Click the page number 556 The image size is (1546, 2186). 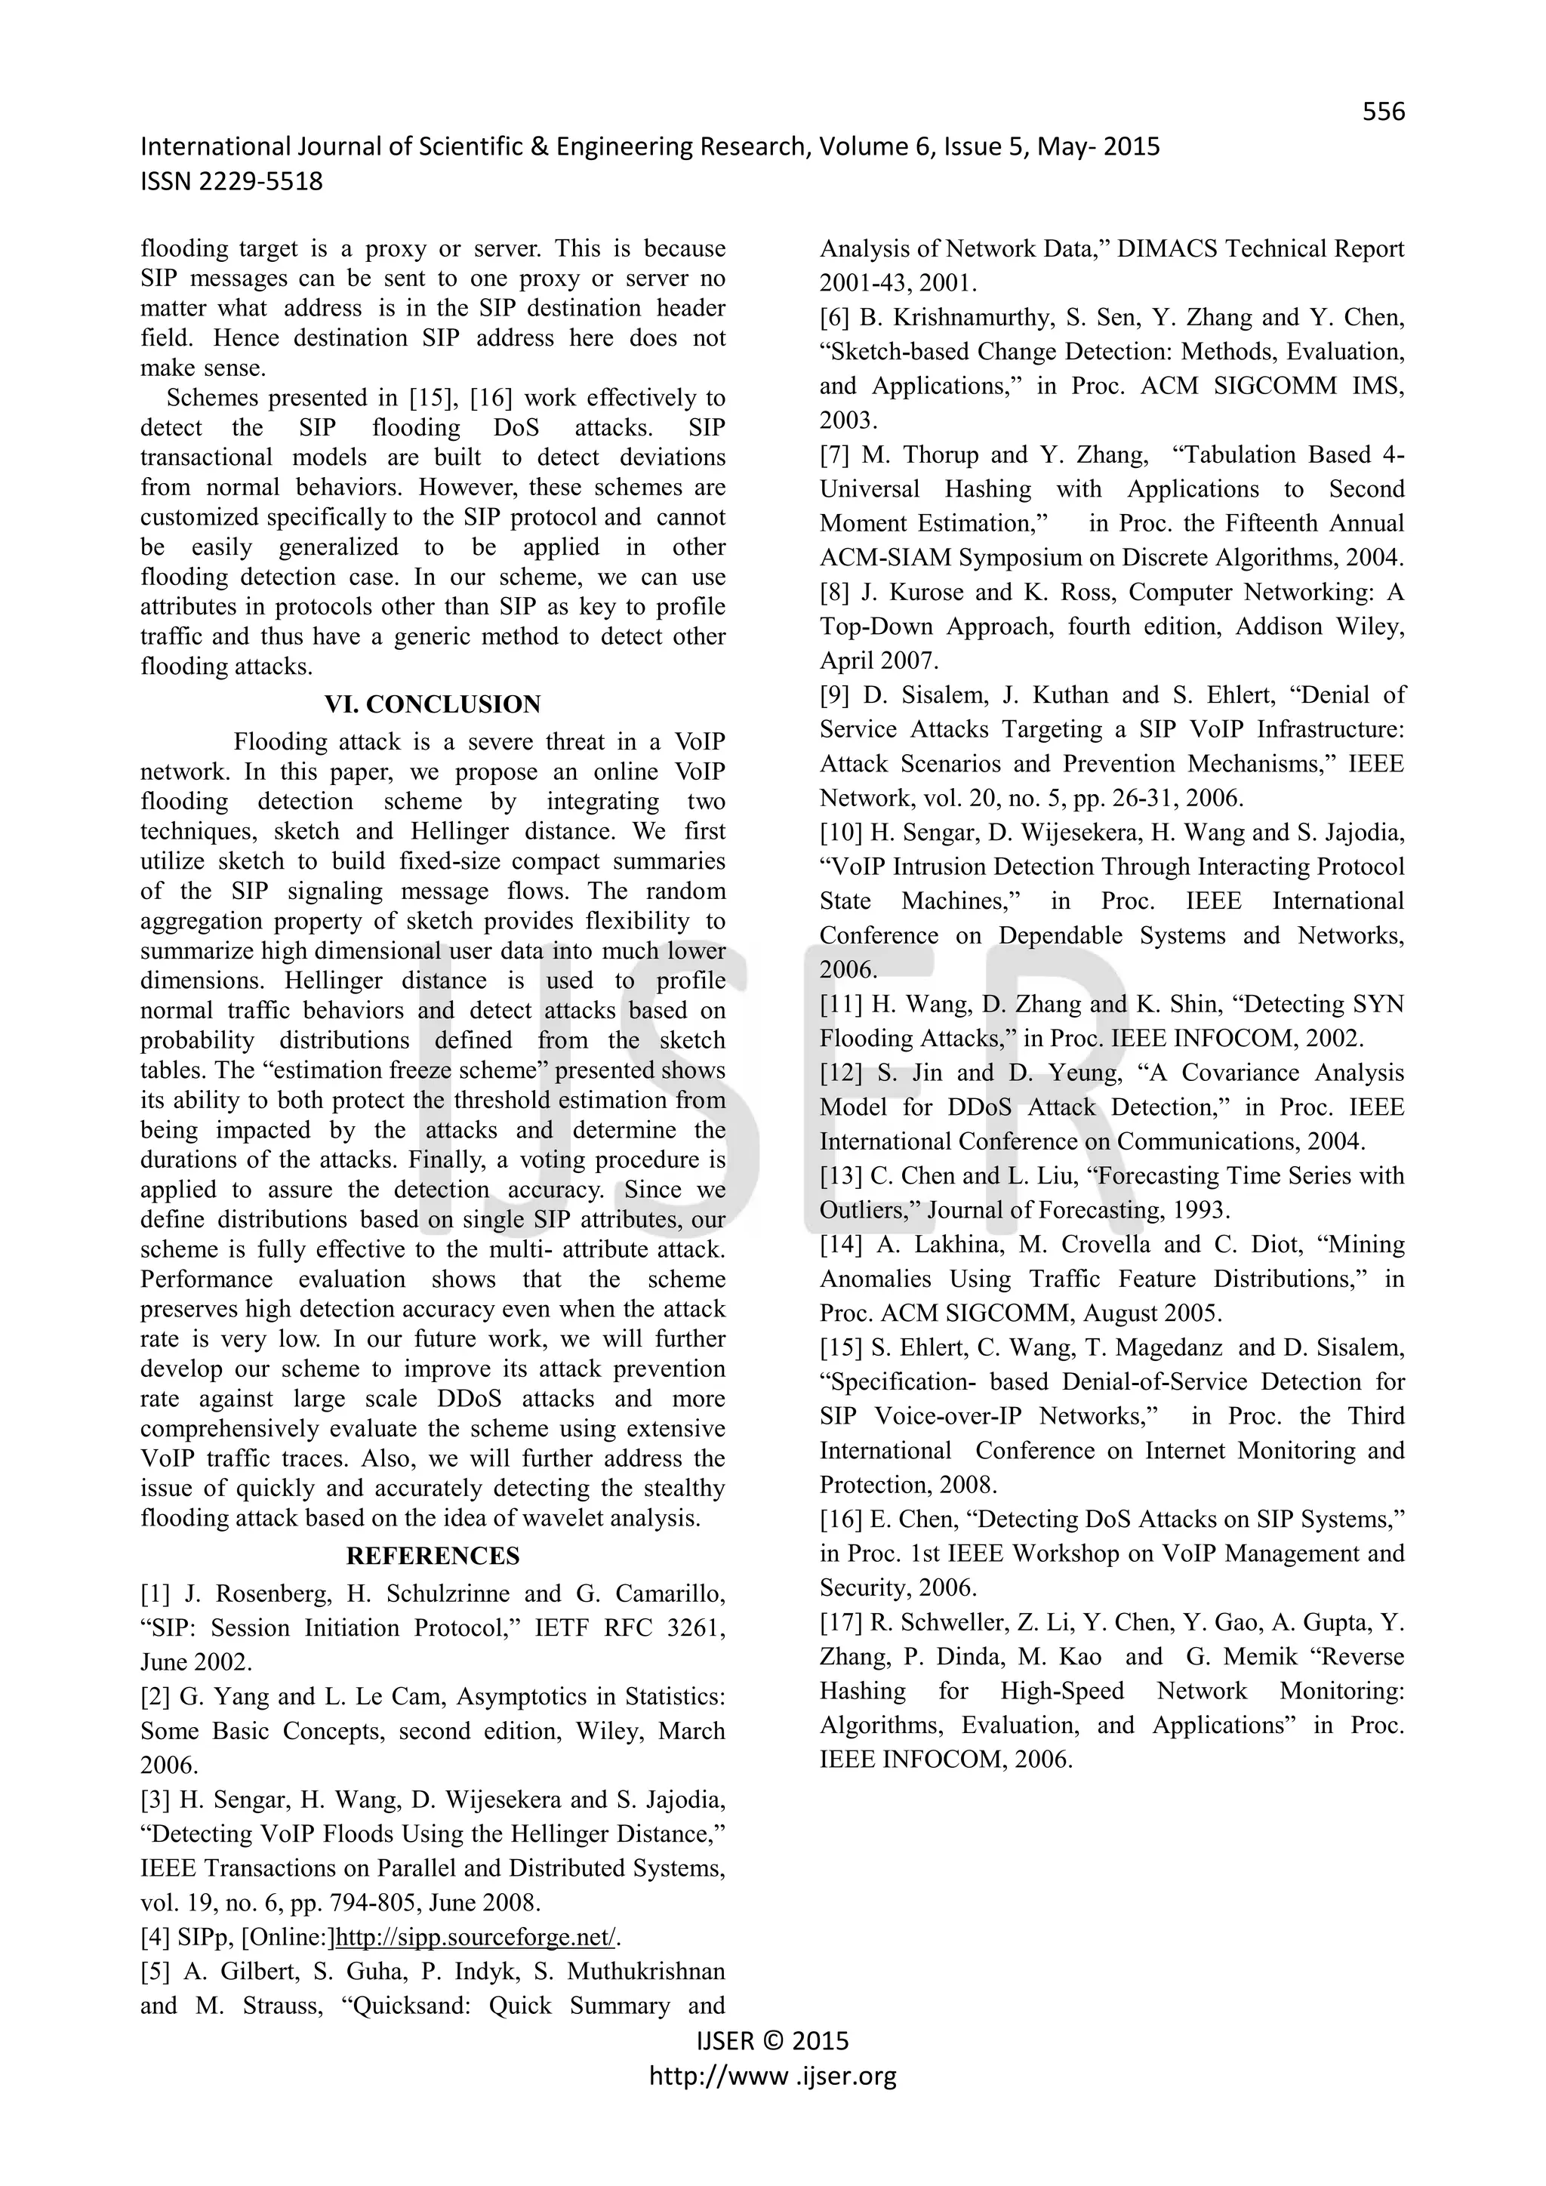(1382, 112)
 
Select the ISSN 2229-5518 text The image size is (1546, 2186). (231, 181)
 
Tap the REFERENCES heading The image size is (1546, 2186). (433, 1556)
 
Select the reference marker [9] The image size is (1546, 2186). (835, 695)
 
